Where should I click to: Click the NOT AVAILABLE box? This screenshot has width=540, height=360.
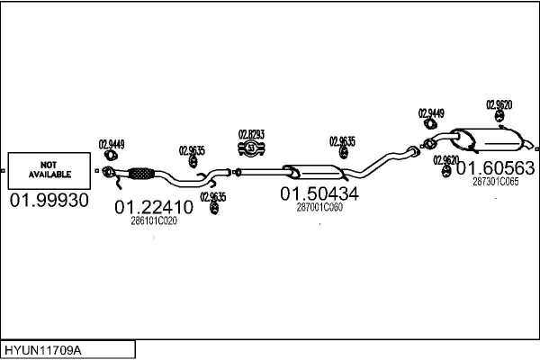click(49, 171)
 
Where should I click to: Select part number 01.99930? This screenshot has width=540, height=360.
click(49, 200)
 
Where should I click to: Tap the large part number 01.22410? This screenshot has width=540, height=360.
click(154, 207)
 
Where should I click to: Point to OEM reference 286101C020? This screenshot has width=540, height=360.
click(154, 220)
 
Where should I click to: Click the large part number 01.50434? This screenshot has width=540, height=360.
click(319, 193)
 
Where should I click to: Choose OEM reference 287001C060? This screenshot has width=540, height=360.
click(319, 207)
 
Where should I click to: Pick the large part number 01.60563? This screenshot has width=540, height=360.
click(496, 168)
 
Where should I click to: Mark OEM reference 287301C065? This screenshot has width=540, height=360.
click(496, 182)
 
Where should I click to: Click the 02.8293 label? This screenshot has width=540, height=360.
click(251, 134)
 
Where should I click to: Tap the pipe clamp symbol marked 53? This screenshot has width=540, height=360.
click(251, 148)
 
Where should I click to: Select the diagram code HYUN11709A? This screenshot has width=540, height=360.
click(43, 350)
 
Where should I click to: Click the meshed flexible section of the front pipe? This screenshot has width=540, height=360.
click(141, 174)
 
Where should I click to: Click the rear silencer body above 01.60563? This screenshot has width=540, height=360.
click(489, 139)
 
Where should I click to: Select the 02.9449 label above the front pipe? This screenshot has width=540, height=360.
click(112, 144)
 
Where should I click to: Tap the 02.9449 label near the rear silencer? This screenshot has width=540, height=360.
click(431, 113)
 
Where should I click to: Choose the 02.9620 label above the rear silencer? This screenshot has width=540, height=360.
click(499, 104)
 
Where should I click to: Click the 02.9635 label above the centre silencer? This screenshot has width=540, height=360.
click(342, 141)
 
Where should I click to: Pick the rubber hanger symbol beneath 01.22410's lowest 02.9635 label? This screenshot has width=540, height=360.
click(214, 208)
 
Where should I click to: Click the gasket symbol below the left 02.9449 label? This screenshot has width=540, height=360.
click(111, 156)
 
